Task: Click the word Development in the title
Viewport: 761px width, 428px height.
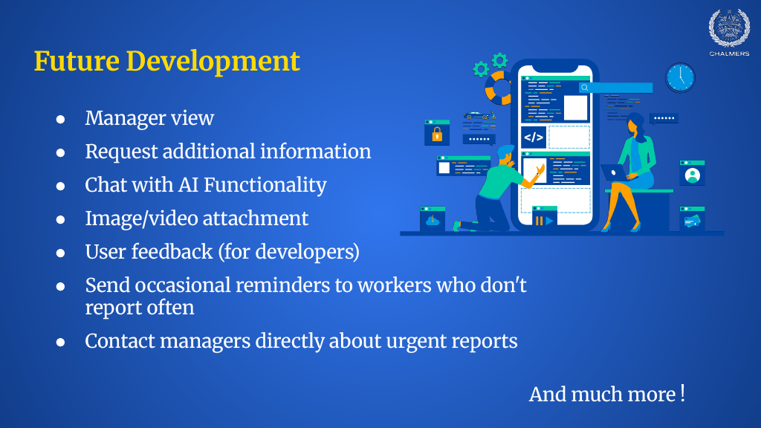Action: [213, 62]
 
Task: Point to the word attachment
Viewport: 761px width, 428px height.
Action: [256, 218]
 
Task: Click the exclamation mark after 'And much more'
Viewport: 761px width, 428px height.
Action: [682, 393]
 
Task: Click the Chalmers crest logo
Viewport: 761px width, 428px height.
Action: [729, 29]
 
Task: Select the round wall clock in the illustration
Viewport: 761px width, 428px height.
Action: [680, 77]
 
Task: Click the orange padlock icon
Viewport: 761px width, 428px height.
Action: [437, 134]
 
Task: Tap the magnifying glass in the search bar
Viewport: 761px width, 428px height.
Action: [585, 88]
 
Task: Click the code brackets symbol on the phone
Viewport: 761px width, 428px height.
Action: [534, 137]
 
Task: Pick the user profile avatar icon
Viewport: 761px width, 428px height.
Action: [692, 175]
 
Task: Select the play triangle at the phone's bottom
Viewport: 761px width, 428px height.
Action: [549, 221]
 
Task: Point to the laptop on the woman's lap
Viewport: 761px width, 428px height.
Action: [613, 172]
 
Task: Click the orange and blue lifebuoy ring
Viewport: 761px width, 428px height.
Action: [499, 88]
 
